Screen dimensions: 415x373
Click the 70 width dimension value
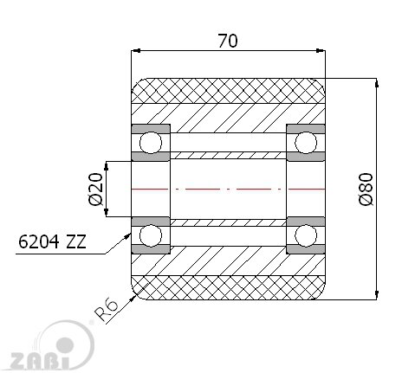point(228,41)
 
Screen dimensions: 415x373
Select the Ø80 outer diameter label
point(366,189)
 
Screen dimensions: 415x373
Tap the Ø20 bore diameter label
point(96,189)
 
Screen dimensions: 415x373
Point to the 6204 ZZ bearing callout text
point(52,241)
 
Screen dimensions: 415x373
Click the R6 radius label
point(107,310)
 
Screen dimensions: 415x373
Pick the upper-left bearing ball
point(151,143)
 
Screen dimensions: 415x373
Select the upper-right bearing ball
point(306,143)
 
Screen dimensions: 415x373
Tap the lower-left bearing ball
point(151,235)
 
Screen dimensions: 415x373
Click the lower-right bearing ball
point(306,235)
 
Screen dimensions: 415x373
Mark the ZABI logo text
point(40,361)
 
